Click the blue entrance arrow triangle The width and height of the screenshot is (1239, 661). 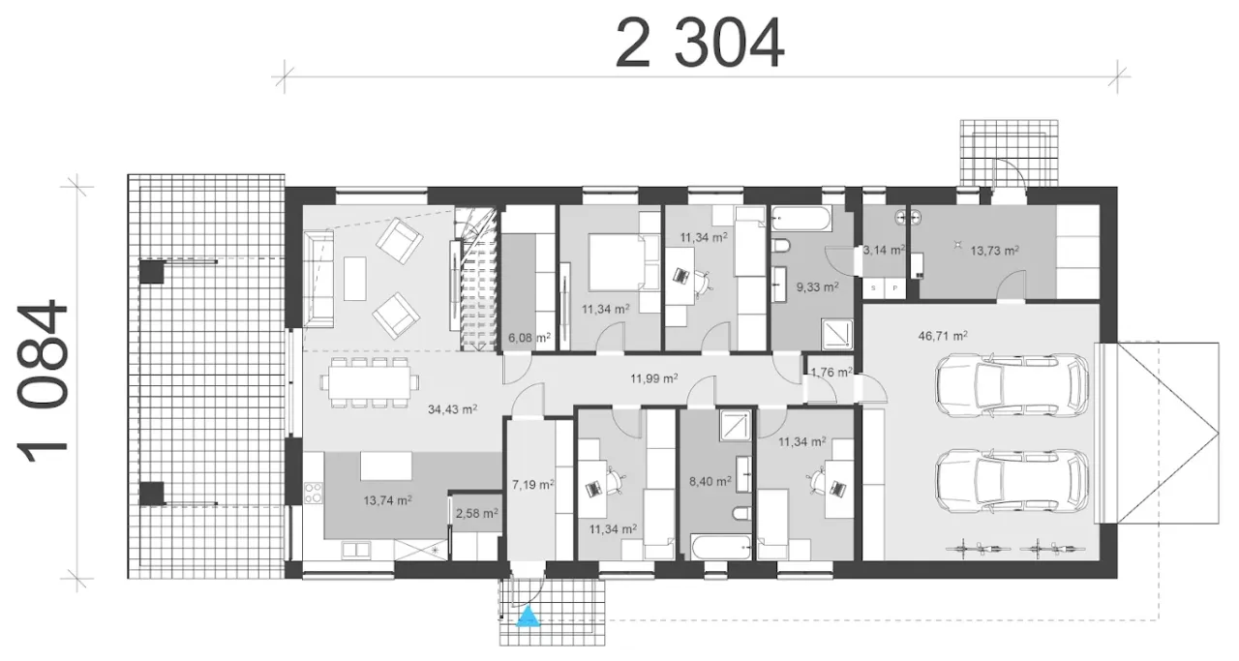coord(529,616)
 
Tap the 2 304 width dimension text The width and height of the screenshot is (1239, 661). coord(700,43)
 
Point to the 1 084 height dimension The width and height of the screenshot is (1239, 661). coord(43,382)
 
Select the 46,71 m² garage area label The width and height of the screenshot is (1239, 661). coord(943,335)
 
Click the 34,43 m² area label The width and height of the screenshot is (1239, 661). coord(452,409)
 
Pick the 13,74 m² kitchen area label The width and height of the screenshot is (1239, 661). coord(388,500)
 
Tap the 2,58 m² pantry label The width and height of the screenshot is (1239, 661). coord(477,513)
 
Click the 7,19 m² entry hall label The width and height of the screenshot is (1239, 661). coord(533,485)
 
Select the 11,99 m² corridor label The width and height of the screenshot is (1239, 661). coord(654,378)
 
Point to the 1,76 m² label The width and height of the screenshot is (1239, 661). coord(831,373)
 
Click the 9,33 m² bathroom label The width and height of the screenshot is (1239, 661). coord(817,287)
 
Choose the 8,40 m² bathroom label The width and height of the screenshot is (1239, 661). coord(710,481)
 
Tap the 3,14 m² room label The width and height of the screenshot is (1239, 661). coord(884,250)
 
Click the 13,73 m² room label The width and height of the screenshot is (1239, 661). coord(994,251)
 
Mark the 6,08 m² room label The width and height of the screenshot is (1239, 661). coord(529,338)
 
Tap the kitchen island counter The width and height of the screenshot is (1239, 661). coord(386,466)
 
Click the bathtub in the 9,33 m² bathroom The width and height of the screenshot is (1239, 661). coord(801,219)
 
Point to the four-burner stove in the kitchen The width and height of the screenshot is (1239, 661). coord(313,493)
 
